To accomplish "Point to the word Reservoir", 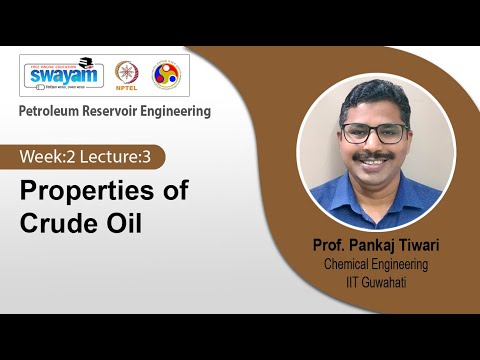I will coord(122,111).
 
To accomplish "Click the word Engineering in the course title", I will coord(182,111).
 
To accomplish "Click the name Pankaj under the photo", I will coord(373,245).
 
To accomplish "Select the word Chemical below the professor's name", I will coord(350,264).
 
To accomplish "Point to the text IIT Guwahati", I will coord(381,282).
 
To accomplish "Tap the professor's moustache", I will coord(373,158).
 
